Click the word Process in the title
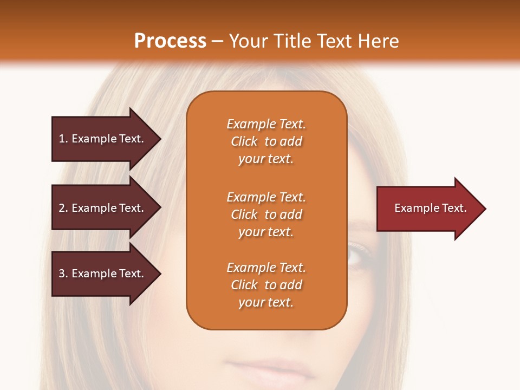[x=170, y=41]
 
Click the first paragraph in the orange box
[x=266, y=141]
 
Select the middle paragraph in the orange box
[x=266, y=214]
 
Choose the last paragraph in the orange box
[x=266, y=285]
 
